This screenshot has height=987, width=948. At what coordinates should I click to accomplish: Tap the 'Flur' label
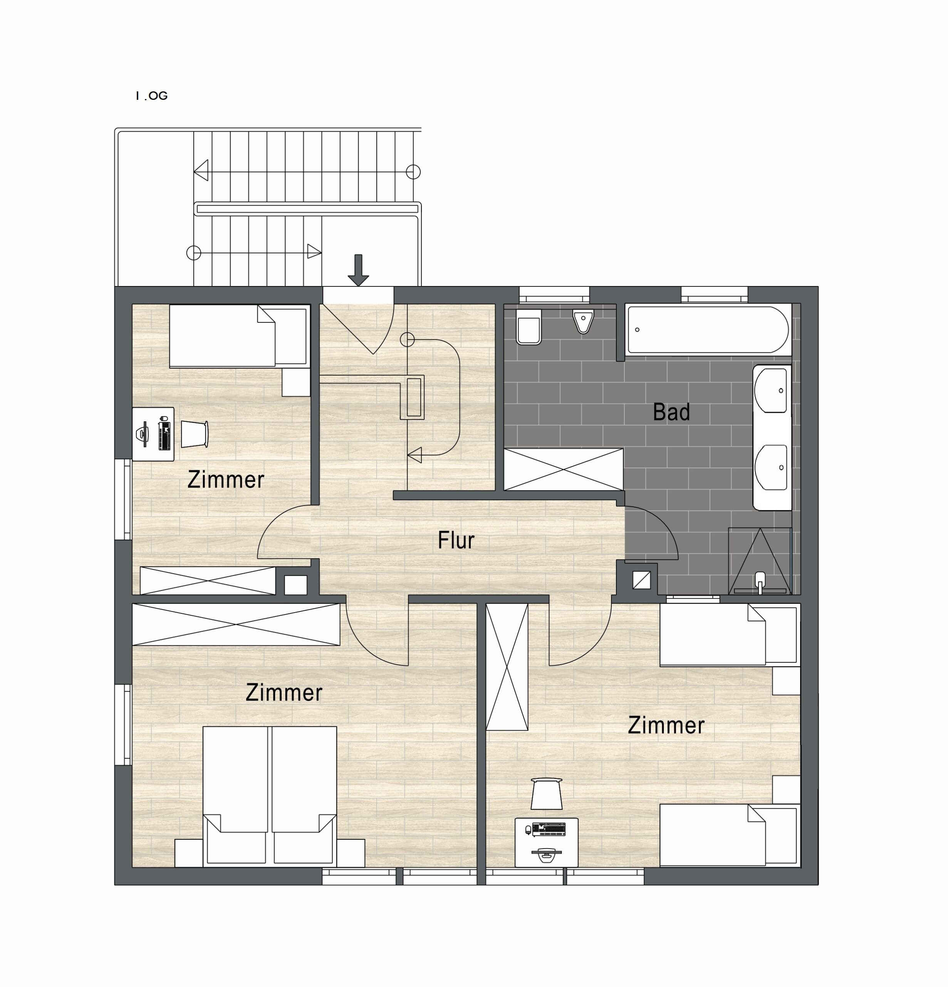[456, 540]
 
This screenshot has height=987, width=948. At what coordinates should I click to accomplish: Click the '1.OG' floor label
[151, 96]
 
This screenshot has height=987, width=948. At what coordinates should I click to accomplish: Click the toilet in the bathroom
[529, 327]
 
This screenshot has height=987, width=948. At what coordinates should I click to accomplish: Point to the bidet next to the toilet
[583, 321]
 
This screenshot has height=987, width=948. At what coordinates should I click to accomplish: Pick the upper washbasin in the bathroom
[771, 390]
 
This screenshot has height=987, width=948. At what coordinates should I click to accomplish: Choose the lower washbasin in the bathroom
[771, 467]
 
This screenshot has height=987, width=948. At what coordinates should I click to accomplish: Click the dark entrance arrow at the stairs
[358, 270]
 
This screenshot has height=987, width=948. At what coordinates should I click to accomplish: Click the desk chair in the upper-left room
[194, 434]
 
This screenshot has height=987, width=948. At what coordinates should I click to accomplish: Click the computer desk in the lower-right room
[547, 842]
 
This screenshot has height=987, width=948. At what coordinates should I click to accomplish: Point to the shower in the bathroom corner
[760, 561]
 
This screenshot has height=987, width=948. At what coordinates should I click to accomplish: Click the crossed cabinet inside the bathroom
[564, 469]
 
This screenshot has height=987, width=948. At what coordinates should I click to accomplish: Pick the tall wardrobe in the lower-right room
[507, 667]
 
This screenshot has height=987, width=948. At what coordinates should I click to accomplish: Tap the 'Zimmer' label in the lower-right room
[666, 726]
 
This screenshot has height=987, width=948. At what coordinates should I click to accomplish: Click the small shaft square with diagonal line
[641, 581]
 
